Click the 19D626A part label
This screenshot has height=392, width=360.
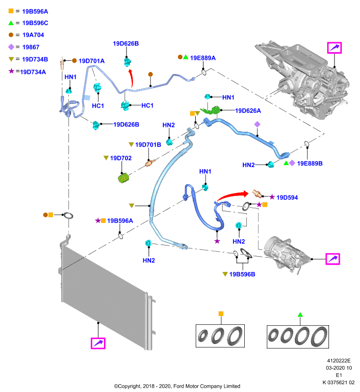tap(248, 111)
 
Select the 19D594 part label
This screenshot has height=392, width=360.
tap(287, 197)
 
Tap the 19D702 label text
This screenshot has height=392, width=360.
tap(121, 158)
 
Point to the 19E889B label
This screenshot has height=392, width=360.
tap(309, 164)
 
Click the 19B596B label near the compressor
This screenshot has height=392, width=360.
tap(242, 274)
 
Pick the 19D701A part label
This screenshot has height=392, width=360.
tap(92, 61)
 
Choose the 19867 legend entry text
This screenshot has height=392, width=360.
tap(31, 47)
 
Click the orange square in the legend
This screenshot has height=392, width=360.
tap(11, 11)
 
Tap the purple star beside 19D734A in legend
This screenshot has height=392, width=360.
tap(11, 71)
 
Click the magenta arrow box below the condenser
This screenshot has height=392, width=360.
tap(98, 343)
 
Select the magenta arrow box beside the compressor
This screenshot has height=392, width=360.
tap(333, 259)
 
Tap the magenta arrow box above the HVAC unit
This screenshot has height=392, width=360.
tap(334, 48)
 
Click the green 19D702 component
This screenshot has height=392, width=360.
tap(123, 178)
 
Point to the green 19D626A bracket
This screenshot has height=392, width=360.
tap(210, 110)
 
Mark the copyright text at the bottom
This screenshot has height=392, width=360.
tap(177, 386)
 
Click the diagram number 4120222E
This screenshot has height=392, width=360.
tap(339, 361)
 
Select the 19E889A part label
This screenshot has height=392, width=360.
tap(203, 58)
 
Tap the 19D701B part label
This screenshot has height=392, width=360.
tap(148, 145)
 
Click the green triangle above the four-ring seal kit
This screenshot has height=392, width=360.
tap(300, 315)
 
